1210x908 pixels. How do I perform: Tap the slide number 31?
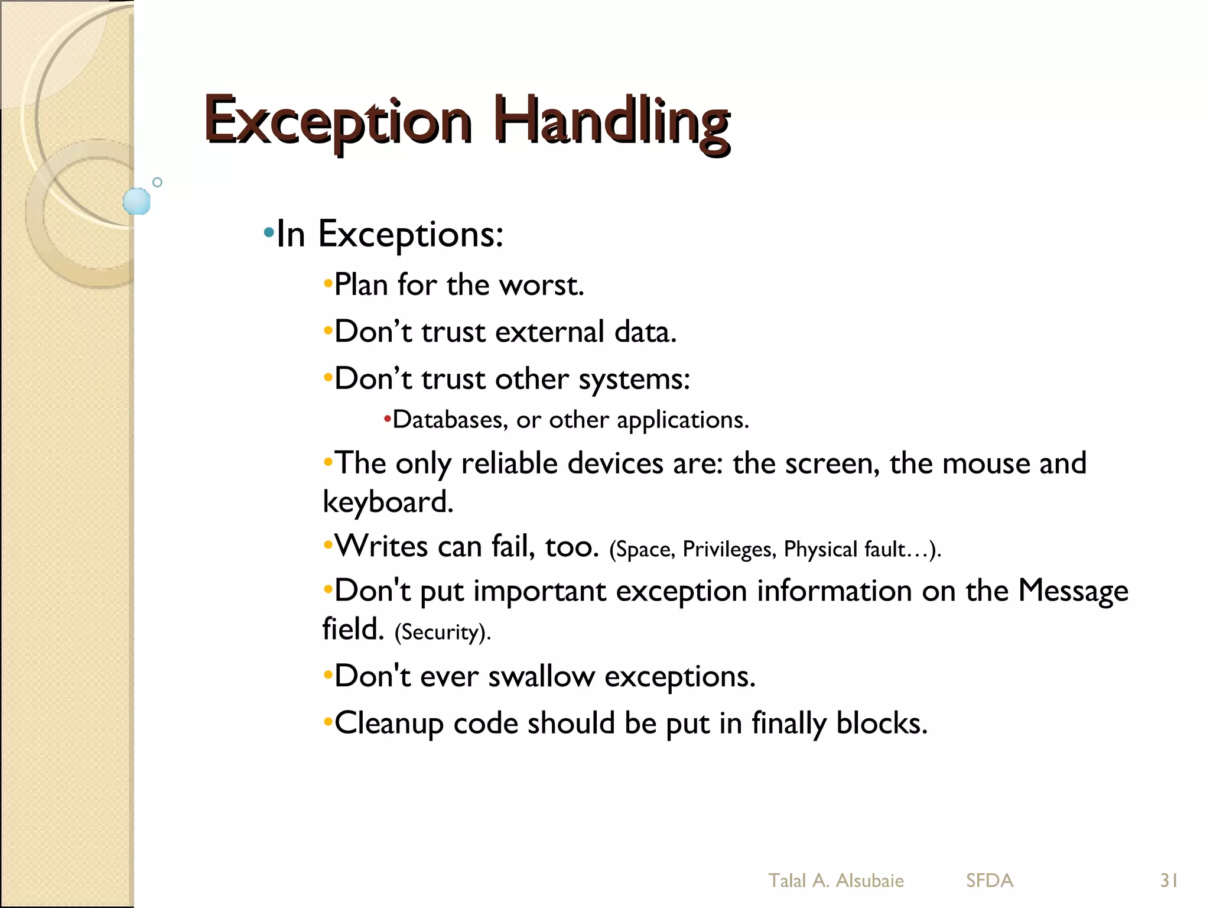coord(1169,881)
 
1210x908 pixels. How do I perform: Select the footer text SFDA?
coord(990,881)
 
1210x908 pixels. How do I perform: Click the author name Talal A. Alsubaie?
coord(835,881)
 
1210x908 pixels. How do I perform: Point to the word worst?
coord(541,286)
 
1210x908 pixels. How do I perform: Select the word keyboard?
coord(388,502)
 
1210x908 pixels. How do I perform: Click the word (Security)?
coord(443,632)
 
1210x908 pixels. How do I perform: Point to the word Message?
coord(1073,591)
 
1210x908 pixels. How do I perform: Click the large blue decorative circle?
coord(136,201)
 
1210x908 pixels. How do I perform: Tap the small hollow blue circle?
coord(157,182)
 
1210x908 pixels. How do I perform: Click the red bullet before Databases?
coord(387,420)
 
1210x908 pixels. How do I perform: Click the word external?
coord(549,332)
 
